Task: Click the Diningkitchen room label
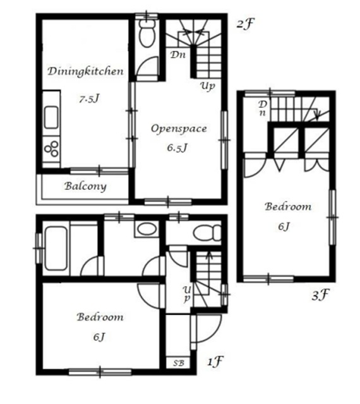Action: point(86,71)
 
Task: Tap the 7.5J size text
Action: point(89,99)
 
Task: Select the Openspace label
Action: point(179,129)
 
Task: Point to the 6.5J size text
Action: point(177,148)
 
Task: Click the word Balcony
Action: point(85,186)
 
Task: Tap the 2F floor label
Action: point(245,24)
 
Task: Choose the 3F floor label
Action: point(321,295)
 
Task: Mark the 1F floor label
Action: point(215,362)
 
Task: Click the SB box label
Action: point(179,363)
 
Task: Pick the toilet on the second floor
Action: point(147,33)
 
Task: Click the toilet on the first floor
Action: point(207,233)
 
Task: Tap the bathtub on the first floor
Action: point(56,248)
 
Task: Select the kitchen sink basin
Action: point(51,117)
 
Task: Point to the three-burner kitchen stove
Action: point(51,149)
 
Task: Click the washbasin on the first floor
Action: point(146,229)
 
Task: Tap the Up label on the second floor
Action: point(208,86)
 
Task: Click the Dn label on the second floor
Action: point(178,55)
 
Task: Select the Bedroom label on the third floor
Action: point(288,206)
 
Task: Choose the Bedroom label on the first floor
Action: point(100,317)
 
